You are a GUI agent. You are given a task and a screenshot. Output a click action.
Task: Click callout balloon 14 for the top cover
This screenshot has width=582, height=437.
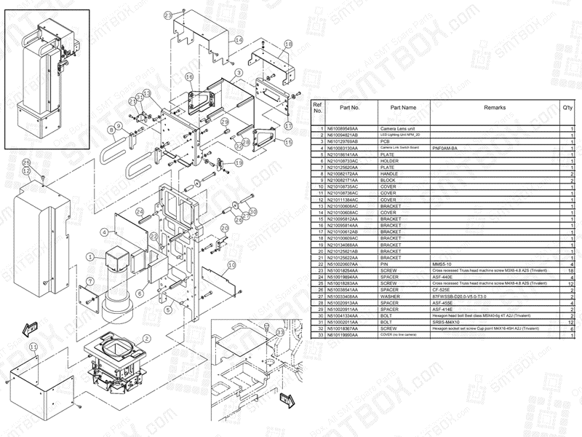point(238,42)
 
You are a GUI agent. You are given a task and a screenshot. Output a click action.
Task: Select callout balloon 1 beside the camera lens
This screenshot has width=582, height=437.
point(90,256)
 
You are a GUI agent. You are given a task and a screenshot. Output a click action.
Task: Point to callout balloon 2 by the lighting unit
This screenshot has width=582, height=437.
point(148,339)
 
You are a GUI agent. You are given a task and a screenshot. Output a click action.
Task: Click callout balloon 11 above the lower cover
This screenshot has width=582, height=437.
point(32,348)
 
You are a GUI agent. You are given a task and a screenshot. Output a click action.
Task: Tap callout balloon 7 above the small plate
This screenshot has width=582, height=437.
point(89,281)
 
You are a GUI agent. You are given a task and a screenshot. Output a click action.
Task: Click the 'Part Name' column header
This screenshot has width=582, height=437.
point(402,108)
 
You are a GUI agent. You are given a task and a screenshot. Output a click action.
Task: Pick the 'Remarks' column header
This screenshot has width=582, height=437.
point(494,108)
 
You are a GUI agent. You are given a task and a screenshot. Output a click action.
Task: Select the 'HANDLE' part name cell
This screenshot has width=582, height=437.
point(391,174)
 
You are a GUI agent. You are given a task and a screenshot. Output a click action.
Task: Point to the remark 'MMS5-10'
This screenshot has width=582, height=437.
point(443,264)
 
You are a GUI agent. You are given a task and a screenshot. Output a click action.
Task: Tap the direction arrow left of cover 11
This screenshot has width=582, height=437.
point(28,329)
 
